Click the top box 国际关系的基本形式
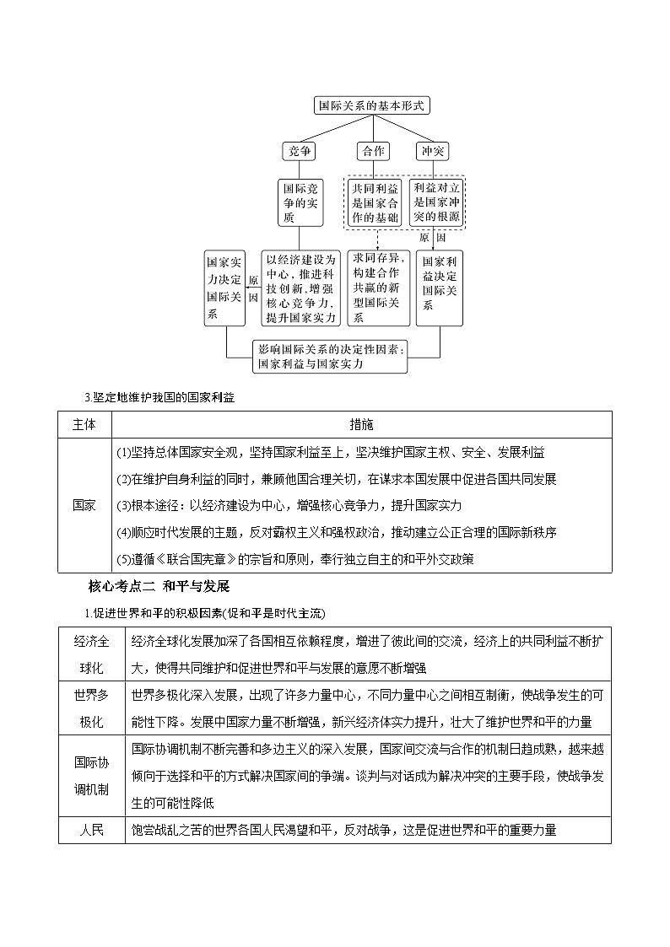click(x=371, y=105)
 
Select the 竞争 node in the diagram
click(x=300, y=151)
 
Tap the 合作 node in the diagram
click(x=372, y=151)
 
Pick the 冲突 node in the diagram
click(x=432, y=151)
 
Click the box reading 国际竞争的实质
click(x=300, y=202)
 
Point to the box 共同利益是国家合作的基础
click(x=376, y=202)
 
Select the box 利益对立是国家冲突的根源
click(x=436, y=202)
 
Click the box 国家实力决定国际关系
click(x=224, y=288)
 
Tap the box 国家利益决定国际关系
click(x=440, y=288)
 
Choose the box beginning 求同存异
click(x=379, y=288)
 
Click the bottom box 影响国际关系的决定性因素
click(x=331, y=357)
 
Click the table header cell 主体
click(x=84, y=424)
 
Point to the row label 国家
click(x=84, y=505)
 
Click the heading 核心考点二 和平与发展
click(x=159, y=585)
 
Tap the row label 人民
click(x=91, y=830)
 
